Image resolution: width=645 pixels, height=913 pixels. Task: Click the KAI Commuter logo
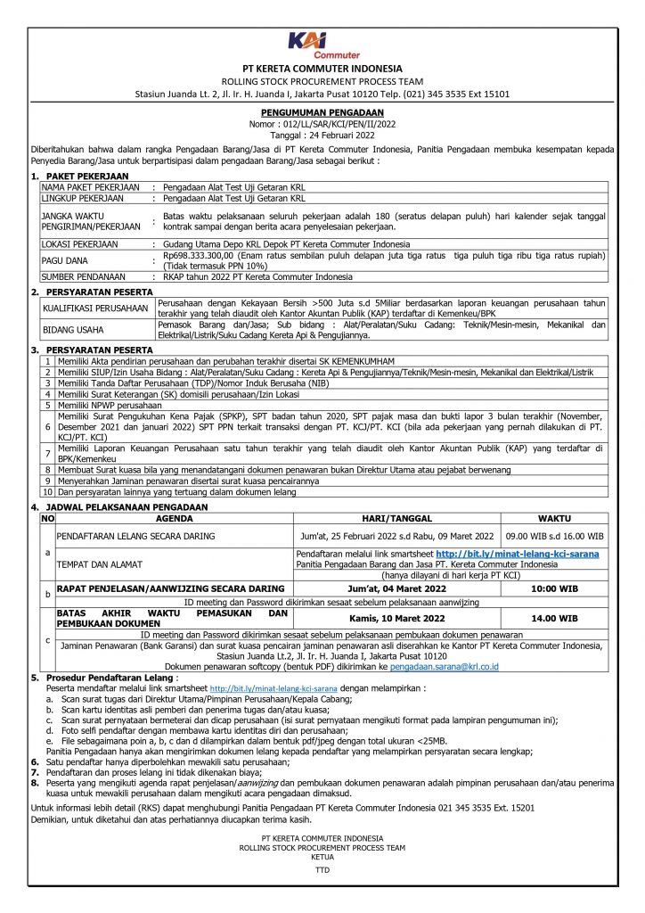click(x=322, y=45)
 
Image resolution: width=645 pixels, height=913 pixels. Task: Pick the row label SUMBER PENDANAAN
click(x=84, y=278)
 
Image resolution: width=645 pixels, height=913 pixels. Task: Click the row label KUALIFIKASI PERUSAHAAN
click(x=94, y=308)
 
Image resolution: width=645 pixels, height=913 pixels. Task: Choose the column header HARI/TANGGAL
click(x=396, y=517)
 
